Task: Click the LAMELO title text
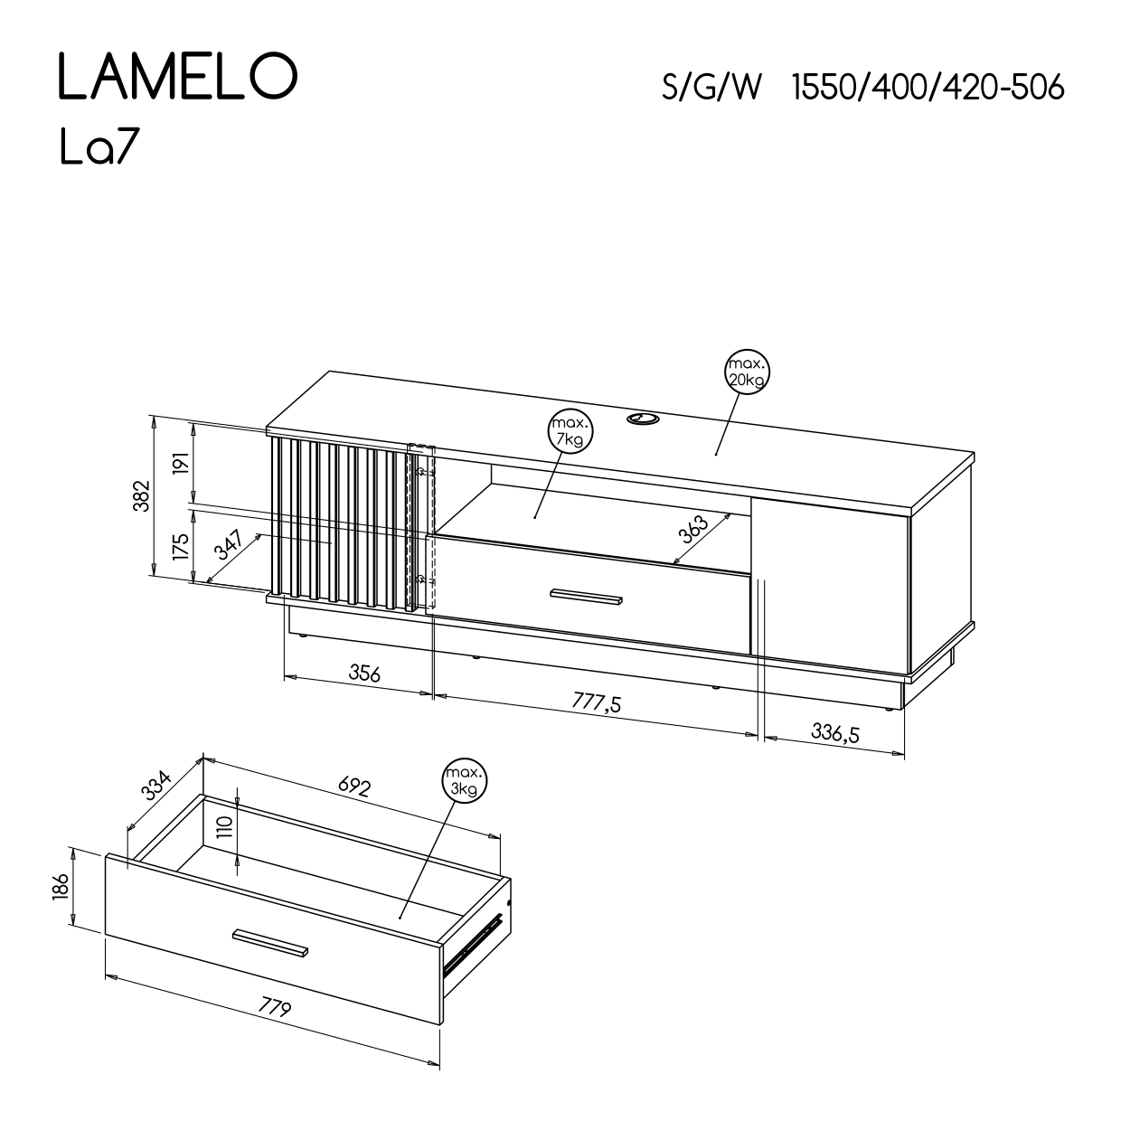click(x=178, y=76)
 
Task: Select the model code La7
click(x=100, y=147)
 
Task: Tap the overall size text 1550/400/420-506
click(x=928, y=89)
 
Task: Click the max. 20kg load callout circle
click(x=747, y=372)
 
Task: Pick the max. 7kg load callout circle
click(x=570, y=431)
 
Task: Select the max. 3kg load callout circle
click(x=465, y=781)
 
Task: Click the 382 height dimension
click(x=142, y=495)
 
